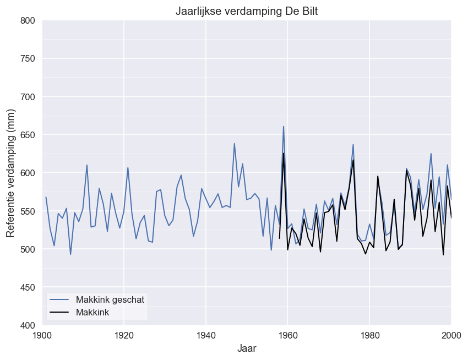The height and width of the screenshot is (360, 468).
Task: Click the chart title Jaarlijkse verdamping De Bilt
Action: click(x=246, y=11)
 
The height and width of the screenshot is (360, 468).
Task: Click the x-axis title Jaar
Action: click(x=246, y=348)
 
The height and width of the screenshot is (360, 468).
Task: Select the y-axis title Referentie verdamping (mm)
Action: click(x=11, y=173)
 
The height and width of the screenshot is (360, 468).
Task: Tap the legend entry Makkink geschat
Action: click(x=110, y=299)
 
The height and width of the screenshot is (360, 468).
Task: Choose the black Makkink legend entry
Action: click(x=91, y=312)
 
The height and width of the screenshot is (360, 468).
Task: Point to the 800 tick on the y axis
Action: click(x=27, y=21)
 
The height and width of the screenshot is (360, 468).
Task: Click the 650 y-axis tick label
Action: click(x=27, y=135)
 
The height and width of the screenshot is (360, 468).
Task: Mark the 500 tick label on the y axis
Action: click(x=27, y=249)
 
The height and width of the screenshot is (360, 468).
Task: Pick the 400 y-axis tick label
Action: click(x=27, y=325)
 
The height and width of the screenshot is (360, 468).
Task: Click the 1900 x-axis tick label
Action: click(x=42, y=335)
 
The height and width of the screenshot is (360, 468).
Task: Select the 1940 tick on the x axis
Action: click(x=206, y=335)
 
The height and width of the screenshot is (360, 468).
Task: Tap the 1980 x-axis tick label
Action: click(x=369, y=335)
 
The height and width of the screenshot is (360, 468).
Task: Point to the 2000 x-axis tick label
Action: click(x=450, y=335)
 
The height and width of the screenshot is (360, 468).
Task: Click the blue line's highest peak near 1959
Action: click(x=284, y=127)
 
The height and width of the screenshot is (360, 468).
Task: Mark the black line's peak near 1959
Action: click(x=284, y=153)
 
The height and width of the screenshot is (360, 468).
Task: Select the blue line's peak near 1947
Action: click(x=235, y=144)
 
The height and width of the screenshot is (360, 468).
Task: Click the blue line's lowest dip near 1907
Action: click(x=70, y=254)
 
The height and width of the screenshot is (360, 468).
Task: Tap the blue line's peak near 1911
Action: click(x=87, y=165)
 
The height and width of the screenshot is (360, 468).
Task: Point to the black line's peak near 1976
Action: click(x=353, y=160)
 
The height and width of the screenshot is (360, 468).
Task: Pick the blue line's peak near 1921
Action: click(x=128, y=168)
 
